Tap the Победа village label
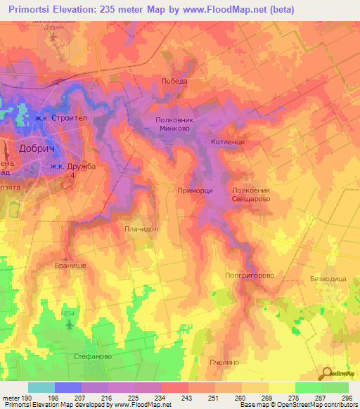tap(174, 81)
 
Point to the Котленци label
tap(227, 142)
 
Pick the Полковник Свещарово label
tap(251, 195)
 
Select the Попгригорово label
tap(249, 275)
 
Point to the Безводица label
tap(328, 279)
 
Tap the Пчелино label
tap(224, 362)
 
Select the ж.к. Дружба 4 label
tap(72, 171)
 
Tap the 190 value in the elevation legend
tap(20, 398)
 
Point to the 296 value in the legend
tap(345, 398)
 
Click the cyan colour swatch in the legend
tap(41, 387)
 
